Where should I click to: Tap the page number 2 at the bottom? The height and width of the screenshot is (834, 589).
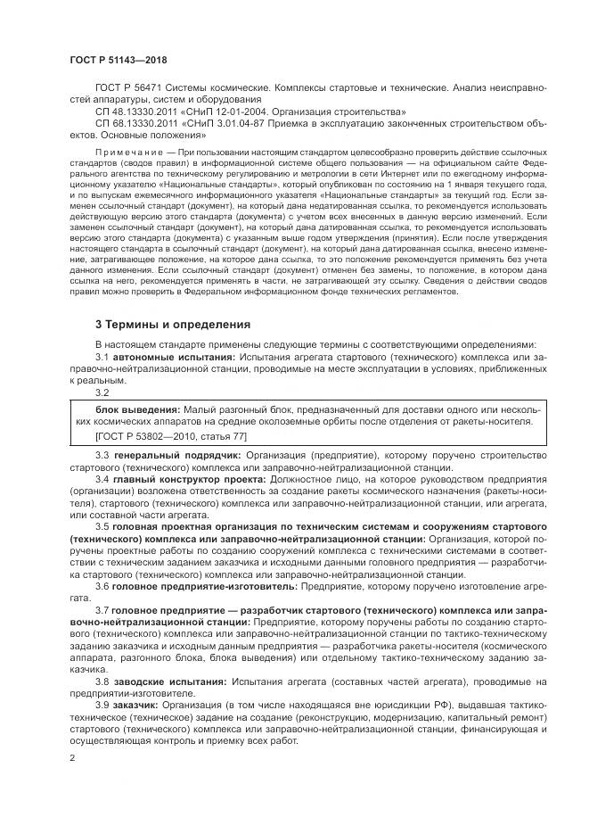pyautogui.click(x=72, y=758)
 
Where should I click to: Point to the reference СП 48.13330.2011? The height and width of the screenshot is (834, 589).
pyautogui.click(x=133, y=111)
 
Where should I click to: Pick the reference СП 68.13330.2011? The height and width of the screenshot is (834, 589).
pyautogui.click(x=133, y=123)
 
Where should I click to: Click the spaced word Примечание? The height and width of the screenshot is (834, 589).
pyautogui.click(x=126, y=153)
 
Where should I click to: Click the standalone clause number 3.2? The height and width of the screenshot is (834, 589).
pyautogui.click(x=102, y=392)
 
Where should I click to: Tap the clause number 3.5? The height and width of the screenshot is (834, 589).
pyautogui.click(x=102, y=527)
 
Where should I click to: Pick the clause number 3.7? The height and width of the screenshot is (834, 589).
pyautogui.click(x=102, y=610)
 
